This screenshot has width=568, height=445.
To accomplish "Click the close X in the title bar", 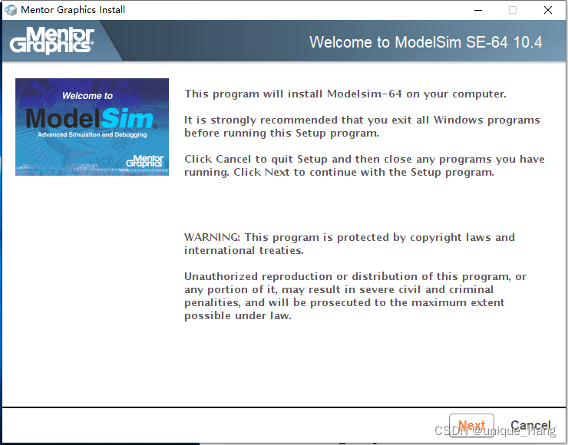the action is point(548,10).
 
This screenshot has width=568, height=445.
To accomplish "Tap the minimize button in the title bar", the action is point(478,10).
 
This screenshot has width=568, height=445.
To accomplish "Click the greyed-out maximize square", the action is point(513,10).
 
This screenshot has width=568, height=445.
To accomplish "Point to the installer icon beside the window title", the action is point(11,10).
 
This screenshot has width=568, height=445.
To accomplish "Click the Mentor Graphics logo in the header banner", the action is point(51,40).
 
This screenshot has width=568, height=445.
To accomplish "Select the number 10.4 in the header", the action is point(527,42).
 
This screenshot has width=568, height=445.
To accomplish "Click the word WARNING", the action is point(212,237).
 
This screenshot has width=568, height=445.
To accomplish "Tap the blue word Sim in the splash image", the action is point(127,118).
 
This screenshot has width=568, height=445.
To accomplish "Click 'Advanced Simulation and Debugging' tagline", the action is point(92,135).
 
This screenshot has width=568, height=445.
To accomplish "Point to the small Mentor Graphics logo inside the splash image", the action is point(145,161).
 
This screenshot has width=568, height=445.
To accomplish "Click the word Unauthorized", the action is point(222,276).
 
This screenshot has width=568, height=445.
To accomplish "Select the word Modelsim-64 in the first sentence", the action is point(365,94).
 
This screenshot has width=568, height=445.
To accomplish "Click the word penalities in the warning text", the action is point(213,303).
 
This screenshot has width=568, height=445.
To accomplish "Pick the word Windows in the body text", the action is point(458,120).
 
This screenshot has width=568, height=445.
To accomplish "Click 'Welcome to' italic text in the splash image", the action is point(88,96).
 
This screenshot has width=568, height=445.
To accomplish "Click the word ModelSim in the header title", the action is point(428,42).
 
